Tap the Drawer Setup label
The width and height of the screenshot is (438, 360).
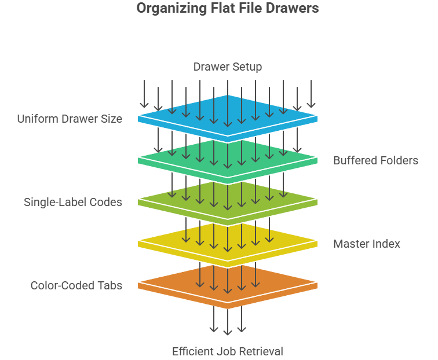227,67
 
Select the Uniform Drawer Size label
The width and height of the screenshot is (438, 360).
70,119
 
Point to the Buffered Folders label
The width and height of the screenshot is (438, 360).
375,160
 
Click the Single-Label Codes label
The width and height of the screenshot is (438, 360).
73,202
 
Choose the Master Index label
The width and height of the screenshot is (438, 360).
366,244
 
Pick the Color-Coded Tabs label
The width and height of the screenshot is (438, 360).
76,285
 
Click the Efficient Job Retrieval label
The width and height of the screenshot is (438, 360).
227,351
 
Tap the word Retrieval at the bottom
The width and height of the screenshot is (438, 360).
262,351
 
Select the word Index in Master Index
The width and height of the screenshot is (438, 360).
385,244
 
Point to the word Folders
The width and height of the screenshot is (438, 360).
399,160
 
